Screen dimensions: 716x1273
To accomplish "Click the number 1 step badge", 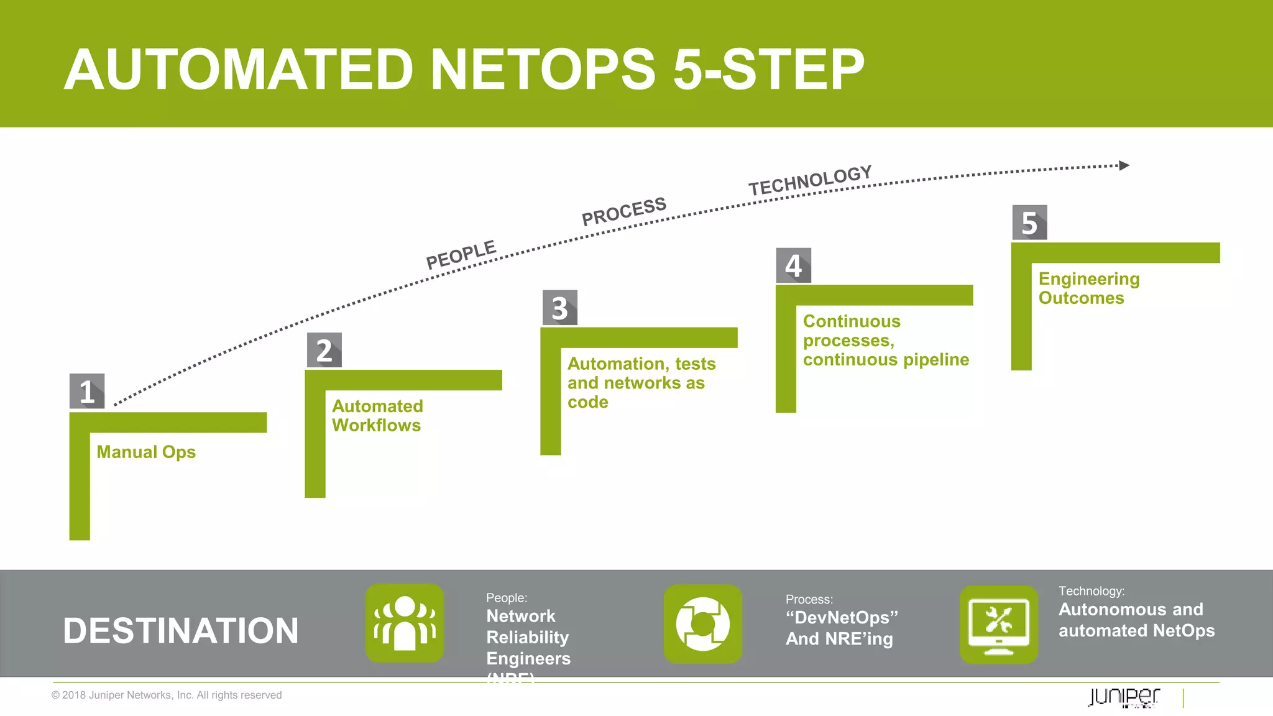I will tap(87, 391).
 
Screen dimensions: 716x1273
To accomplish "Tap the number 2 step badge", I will tap(324, 350).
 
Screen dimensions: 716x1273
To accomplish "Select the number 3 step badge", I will tap(559, 308).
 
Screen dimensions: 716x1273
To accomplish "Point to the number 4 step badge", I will tap(793, 265).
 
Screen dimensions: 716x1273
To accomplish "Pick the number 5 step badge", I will tap(1029, 223).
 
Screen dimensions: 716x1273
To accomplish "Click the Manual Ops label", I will tap(146, 452).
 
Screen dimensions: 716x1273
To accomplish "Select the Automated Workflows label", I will tap(377, 416).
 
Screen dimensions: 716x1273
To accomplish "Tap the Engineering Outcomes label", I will tap(1089, 288).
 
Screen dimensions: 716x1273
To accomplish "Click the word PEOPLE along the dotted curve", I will tap(461, 255).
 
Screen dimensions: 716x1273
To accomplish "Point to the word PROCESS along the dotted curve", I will tap(623, 211).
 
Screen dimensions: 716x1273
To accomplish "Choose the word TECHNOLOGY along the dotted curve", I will tap(810, 180).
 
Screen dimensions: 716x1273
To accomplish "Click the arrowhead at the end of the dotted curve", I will tap(1124, 165).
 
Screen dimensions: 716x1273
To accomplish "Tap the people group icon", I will tap(405, 623).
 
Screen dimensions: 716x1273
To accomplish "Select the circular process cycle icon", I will tap(703, 624).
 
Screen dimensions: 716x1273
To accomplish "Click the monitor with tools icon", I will tap(999, 624).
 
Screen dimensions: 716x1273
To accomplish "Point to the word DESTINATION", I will tap(181, 631).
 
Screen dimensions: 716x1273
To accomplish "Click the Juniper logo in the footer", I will tap(1124, 697).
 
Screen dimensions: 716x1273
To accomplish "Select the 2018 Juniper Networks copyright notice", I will tap(167, 695).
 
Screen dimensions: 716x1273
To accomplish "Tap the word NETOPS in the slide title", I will tap(543, 69).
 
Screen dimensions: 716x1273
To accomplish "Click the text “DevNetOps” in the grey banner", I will tap(842, 617).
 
